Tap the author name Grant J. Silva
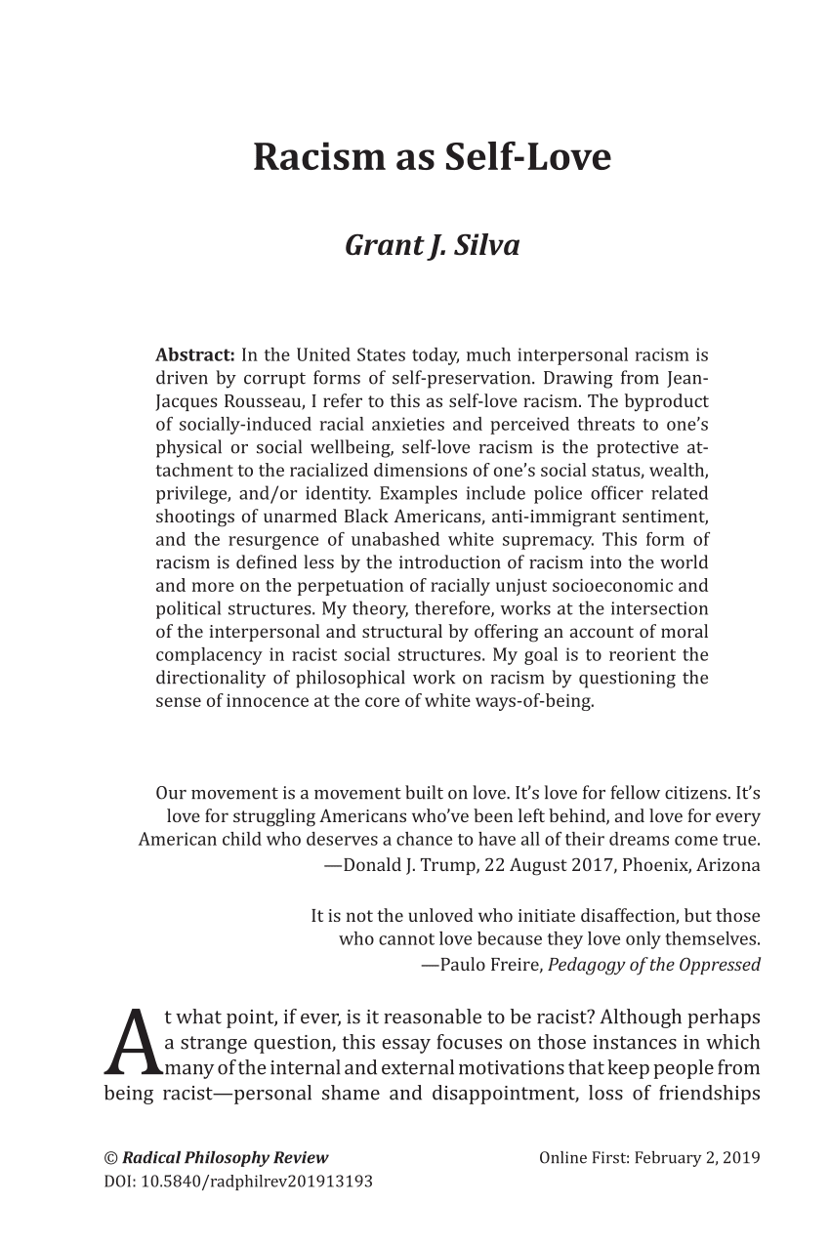(432, 245)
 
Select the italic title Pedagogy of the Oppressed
(653, 965)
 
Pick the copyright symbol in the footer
(110, 1158)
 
